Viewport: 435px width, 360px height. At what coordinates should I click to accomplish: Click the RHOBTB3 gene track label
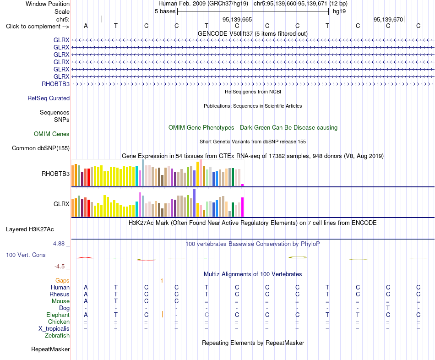click(55, 84)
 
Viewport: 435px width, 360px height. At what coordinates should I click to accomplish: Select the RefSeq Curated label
click(49, 98)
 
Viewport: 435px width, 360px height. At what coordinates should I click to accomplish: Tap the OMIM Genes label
click(52, 134)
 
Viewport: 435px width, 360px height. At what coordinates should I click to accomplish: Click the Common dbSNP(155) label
click(41, 148)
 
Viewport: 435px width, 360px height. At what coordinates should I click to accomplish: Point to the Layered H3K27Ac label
click(30, 229)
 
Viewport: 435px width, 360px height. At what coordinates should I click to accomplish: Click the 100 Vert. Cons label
click(26, 255)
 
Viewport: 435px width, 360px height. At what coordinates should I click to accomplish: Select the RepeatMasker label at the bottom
click(50, 349)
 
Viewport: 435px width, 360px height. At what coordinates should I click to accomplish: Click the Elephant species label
click(58, 315)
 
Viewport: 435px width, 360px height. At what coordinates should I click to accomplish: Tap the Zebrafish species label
click(57, 336)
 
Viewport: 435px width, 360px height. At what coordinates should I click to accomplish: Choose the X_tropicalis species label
click(54, 329)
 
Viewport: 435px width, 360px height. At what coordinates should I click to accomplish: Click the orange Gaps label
click(62, 281)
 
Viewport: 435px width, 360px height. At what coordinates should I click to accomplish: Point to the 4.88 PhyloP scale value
click(59, 244)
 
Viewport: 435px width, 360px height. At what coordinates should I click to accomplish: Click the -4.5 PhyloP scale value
click(60, 267)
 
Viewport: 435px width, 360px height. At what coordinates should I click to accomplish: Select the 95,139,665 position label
click(237, 19)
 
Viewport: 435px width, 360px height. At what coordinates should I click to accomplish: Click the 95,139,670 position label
click(388, 19)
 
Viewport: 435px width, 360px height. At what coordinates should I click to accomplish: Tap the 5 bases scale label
click(165, 11)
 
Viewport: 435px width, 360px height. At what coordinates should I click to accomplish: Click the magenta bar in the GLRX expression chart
click(243, 207)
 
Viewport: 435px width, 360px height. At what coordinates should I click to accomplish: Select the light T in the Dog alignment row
click(388, 308)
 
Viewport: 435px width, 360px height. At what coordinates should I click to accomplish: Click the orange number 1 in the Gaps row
click(162, 281)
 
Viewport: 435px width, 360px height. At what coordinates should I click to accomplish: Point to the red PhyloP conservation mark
click(85, 257)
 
